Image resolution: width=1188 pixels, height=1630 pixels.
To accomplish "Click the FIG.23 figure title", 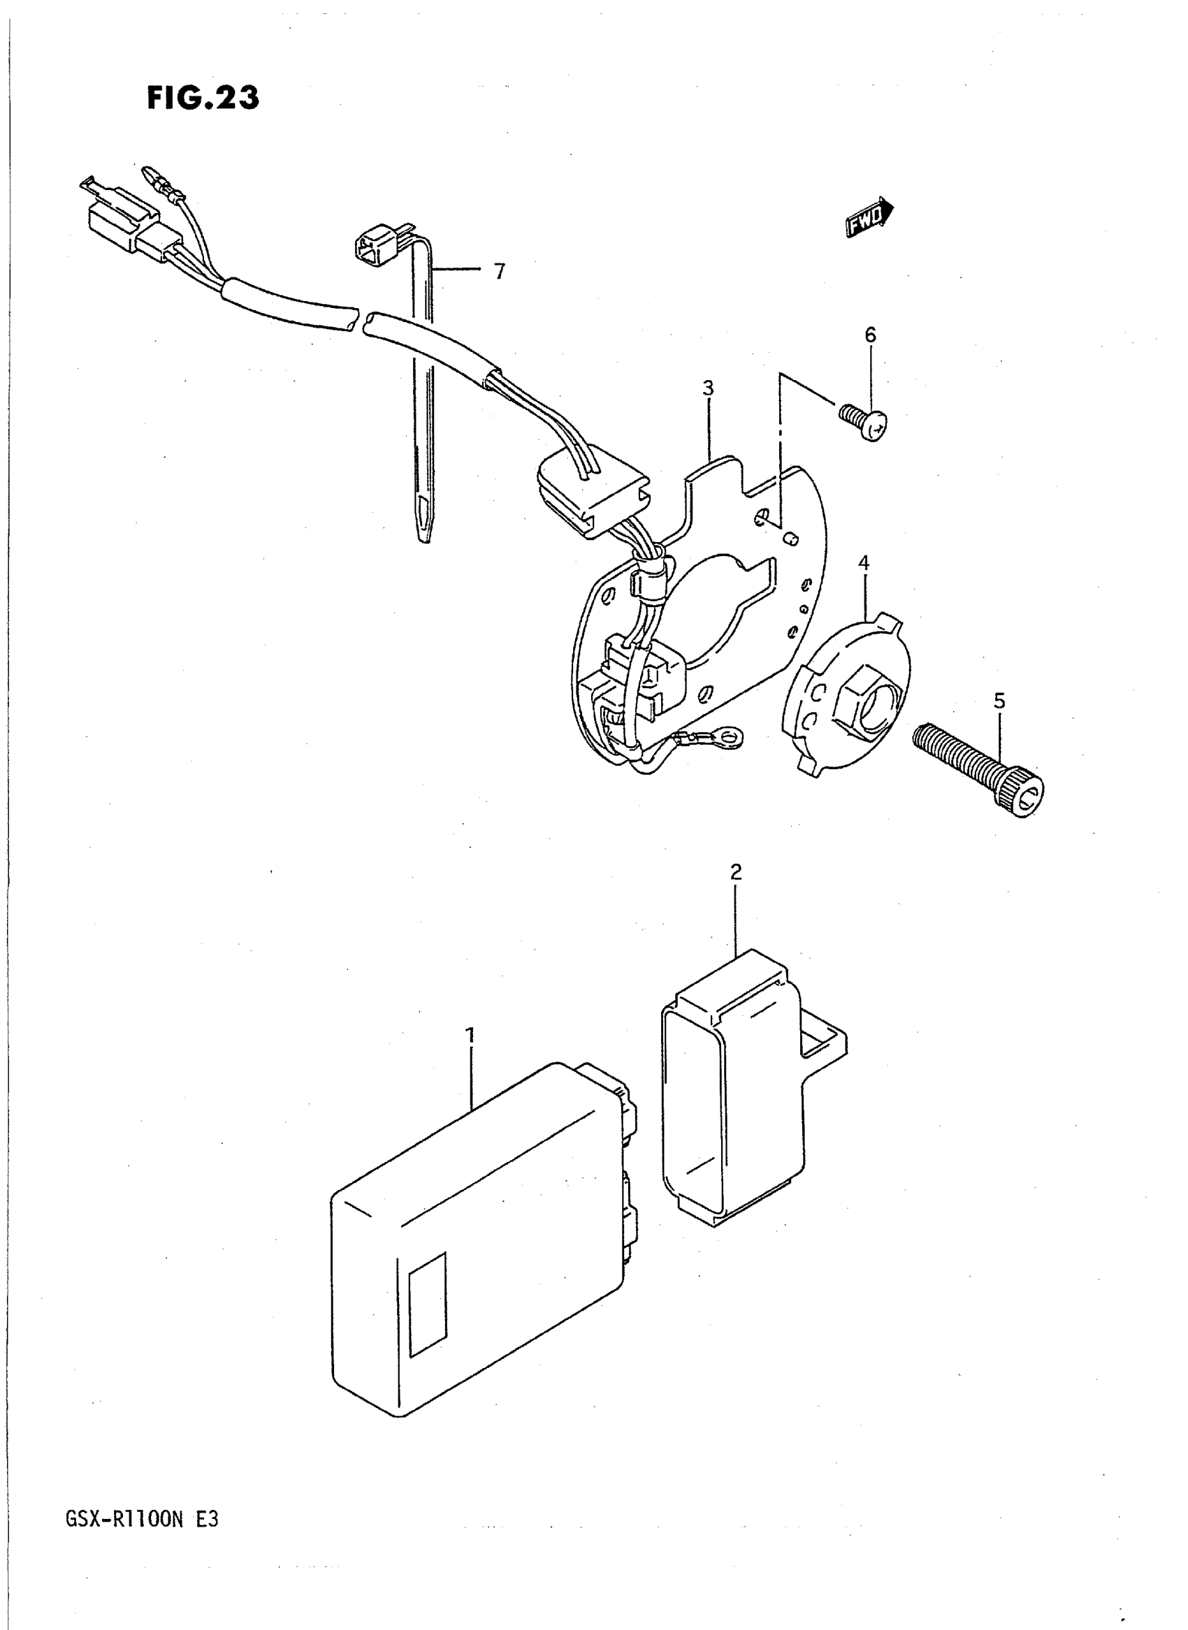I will click(203, 98).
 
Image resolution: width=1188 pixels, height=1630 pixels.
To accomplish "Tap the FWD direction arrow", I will click(869, 217).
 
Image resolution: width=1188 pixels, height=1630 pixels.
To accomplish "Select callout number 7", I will click(499, 272).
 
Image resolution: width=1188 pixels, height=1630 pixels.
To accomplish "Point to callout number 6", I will click(870, 335).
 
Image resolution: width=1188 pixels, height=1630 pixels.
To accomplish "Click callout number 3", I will click(709, 388).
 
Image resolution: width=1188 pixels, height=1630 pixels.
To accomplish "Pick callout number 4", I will click(864, 563).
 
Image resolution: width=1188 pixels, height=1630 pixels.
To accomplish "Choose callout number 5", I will click(999, 700).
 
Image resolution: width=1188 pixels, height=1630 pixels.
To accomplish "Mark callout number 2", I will click(736, 872).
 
